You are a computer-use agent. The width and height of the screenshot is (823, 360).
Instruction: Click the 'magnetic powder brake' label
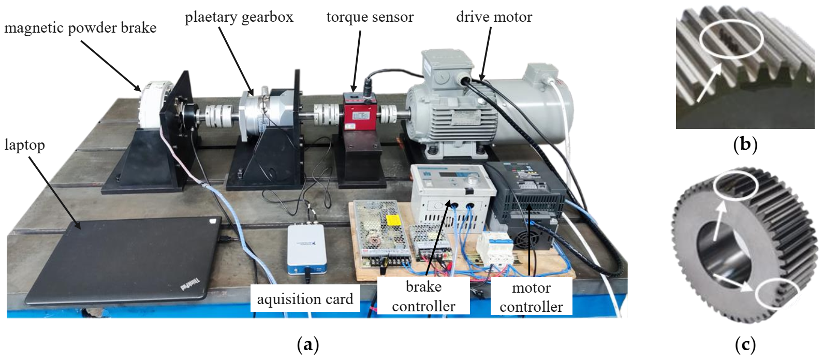coord(80,27)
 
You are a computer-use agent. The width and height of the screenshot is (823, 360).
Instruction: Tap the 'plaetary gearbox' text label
coord(239,17)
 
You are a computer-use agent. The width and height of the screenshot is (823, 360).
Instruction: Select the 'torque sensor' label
coord(370,17)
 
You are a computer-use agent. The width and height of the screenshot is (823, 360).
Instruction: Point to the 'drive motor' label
coord(494,17)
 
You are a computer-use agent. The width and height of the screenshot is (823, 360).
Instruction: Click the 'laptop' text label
coord(24,145)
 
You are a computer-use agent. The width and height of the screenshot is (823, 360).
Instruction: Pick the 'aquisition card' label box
coord(305,298)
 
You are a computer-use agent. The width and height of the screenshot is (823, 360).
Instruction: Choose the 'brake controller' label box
coord(423,296)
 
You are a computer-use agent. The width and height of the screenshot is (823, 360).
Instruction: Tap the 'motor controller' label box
coord(531,297)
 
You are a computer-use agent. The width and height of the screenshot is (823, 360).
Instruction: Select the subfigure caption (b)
coord(745,144)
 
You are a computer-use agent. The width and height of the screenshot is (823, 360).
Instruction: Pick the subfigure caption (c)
coord(745,344)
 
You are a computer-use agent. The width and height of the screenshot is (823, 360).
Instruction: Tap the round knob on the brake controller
coord(472,180)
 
